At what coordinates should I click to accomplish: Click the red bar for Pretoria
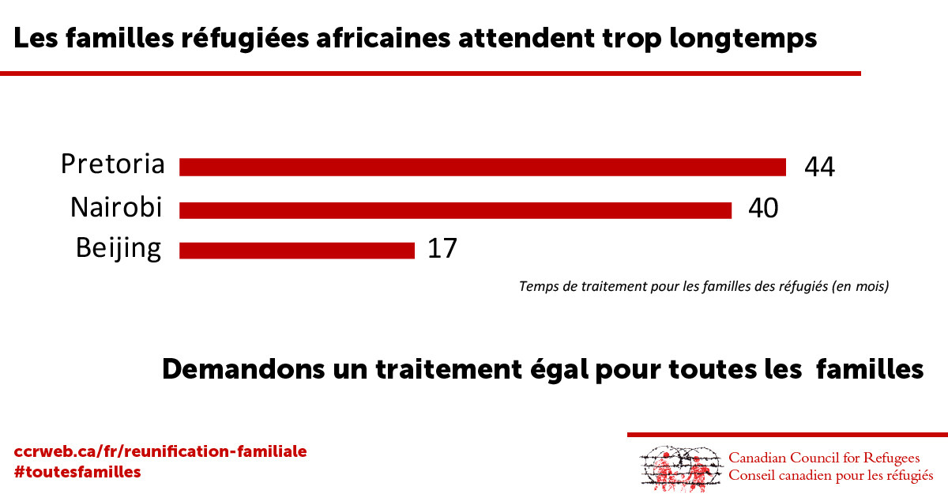(482, 167)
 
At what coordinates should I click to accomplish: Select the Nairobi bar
(455, 209)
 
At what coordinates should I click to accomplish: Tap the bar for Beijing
(297, 250)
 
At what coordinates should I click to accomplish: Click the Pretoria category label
(113, 164)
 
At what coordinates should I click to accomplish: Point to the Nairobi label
(116, 207)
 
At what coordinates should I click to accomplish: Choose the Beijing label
(118, 248)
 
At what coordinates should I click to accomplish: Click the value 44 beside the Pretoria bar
(819, 167)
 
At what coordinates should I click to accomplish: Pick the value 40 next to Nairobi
(762, 208)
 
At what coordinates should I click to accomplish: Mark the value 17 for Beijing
(442, 249)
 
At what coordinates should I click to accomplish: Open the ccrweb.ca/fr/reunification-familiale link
(160, 452)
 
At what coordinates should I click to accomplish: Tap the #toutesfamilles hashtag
(77, 472)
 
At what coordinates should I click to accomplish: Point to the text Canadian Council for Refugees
(824, 458)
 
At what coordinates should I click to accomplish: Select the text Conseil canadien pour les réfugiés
(830, 476)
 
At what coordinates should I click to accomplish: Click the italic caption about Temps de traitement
(704, 286)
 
